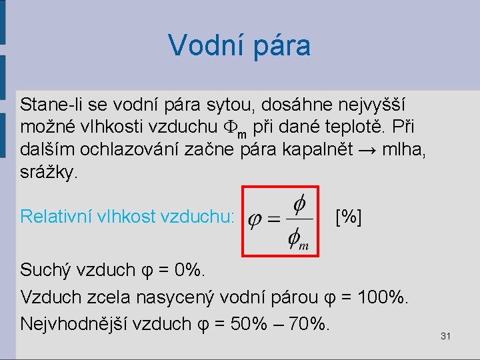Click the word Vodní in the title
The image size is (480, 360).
point(201,46)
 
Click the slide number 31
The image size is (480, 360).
point(446,336)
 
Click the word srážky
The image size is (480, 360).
point(49,171)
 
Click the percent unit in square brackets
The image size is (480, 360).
point(349,216)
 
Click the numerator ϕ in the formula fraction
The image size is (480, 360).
point(300,203)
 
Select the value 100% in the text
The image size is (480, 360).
point(382,297)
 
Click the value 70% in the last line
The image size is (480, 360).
point(311,323)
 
